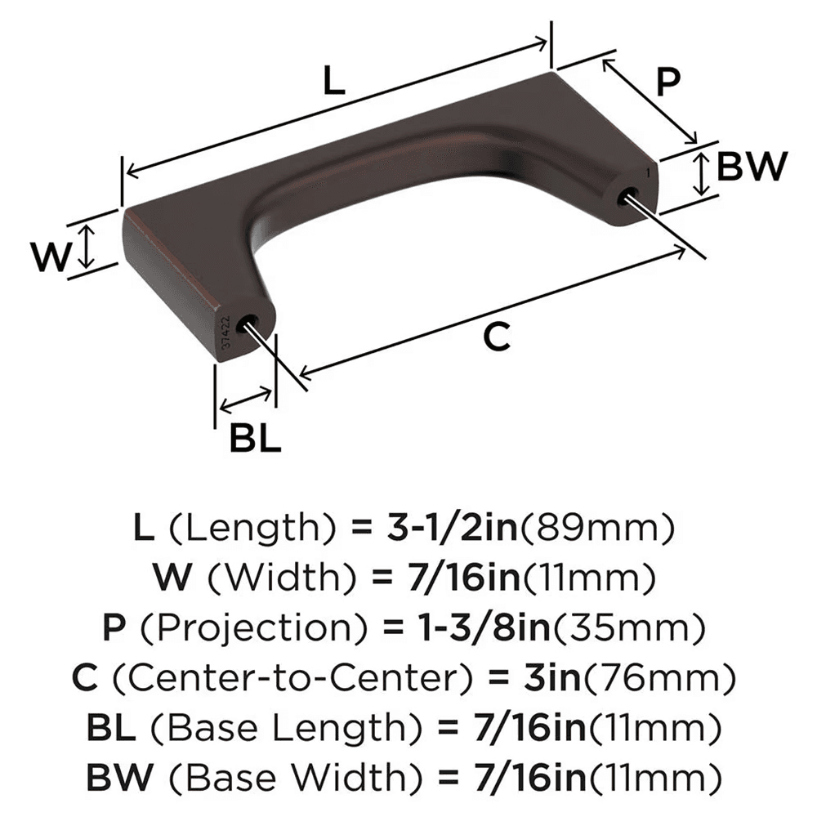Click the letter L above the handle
(333, 82)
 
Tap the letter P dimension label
(668, 82)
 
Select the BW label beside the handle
(751, 167)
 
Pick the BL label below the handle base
(255, 440)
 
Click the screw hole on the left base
(245, 325)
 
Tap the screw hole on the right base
(629, 195)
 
